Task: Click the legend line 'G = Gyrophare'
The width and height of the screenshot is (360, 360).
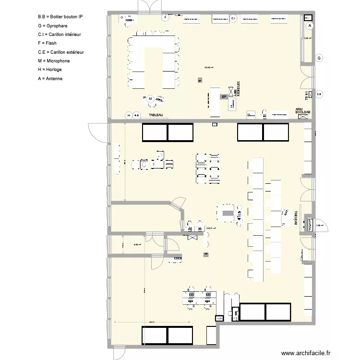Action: click(52, 25)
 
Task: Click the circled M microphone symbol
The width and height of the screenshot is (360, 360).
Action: click(150, 99)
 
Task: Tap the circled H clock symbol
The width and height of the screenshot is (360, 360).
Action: click(128, 115)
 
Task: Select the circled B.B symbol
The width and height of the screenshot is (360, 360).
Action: click(136, 115)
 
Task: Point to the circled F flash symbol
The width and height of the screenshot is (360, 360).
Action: click(165, 17)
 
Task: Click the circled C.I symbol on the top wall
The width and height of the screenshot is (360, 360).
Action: click(233, 18)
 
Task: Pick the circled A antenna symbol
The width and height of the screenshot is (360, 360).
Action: click(310, 25)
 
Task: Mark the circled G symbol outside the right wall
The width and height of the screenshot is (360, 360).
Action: click(319, 58)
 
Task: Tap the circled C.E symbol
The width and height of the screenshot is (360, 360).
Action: click(319, 94)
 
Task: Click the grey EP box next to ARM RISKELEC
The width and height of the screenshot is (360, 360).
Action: click(224, 97)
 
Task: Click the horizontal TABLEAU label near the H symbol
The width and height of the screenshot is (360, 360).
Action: click(156, 115)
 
